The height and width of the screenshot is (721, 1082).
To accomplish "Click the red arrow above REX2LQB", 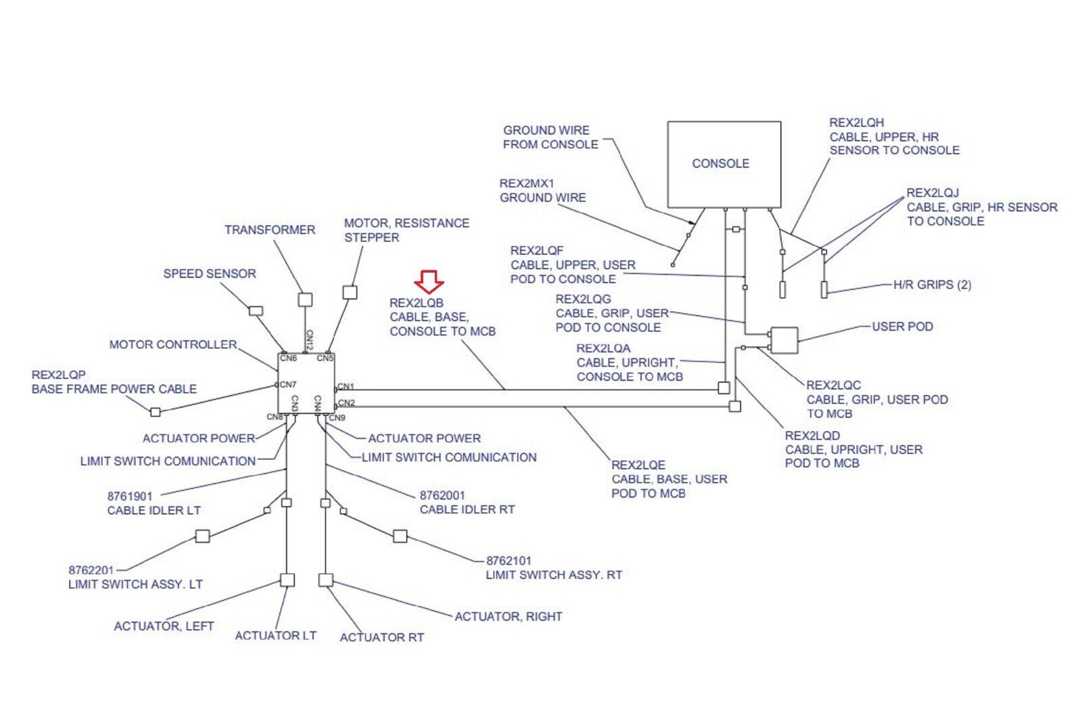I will pos(429,281).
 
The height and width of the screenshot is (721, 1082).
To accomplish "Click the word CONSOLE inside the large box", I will pos(720,164).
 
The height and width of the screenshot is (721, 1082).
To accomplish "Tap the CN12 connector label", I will pos(309,340).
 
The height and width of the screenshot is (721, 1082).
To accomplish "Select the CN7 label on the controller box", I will pos(288,384).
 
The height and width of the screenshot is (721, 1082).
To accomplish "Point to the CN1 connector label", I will pos(346,387).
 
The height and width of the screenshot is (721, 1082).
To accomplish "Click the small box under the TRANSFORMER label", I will pos(305,299).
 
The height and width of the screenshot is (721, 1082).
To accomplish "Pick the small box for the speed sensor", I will pos(256,311).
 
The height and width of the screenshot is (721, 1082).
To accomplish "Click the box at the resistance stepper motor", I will pos(350,292).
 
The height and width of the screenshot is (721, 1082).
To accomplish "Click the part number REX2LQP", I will pos(59,375).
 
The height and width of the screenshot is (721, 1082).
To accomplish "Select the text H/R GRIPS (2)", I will pos(932,285).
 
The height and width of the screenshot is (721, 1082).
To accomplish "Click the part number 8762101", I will pos(509,561).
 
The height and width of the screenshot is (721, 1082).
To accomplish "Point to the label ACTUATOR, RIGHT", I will pos(508,616).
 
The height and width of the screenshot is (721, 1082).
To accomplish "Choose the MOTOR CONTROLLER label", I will pos(173,344).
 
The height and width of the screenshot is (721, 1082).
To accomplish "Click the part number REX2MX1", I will pos(527,183).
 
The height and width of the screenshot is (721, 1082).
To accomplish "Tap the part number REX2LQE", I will pos(638,465).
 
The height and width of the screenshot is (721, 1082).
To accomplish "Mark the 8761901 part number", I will pos(130,496).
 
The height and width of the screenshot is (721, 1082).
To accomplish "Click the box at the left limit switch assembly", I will pos(202,536).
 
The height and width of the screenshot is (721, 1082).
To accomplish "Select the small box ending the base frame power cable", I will pos(156,412).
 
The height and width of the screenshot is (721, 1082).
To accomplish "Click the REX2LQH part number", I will pos(856,122).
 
